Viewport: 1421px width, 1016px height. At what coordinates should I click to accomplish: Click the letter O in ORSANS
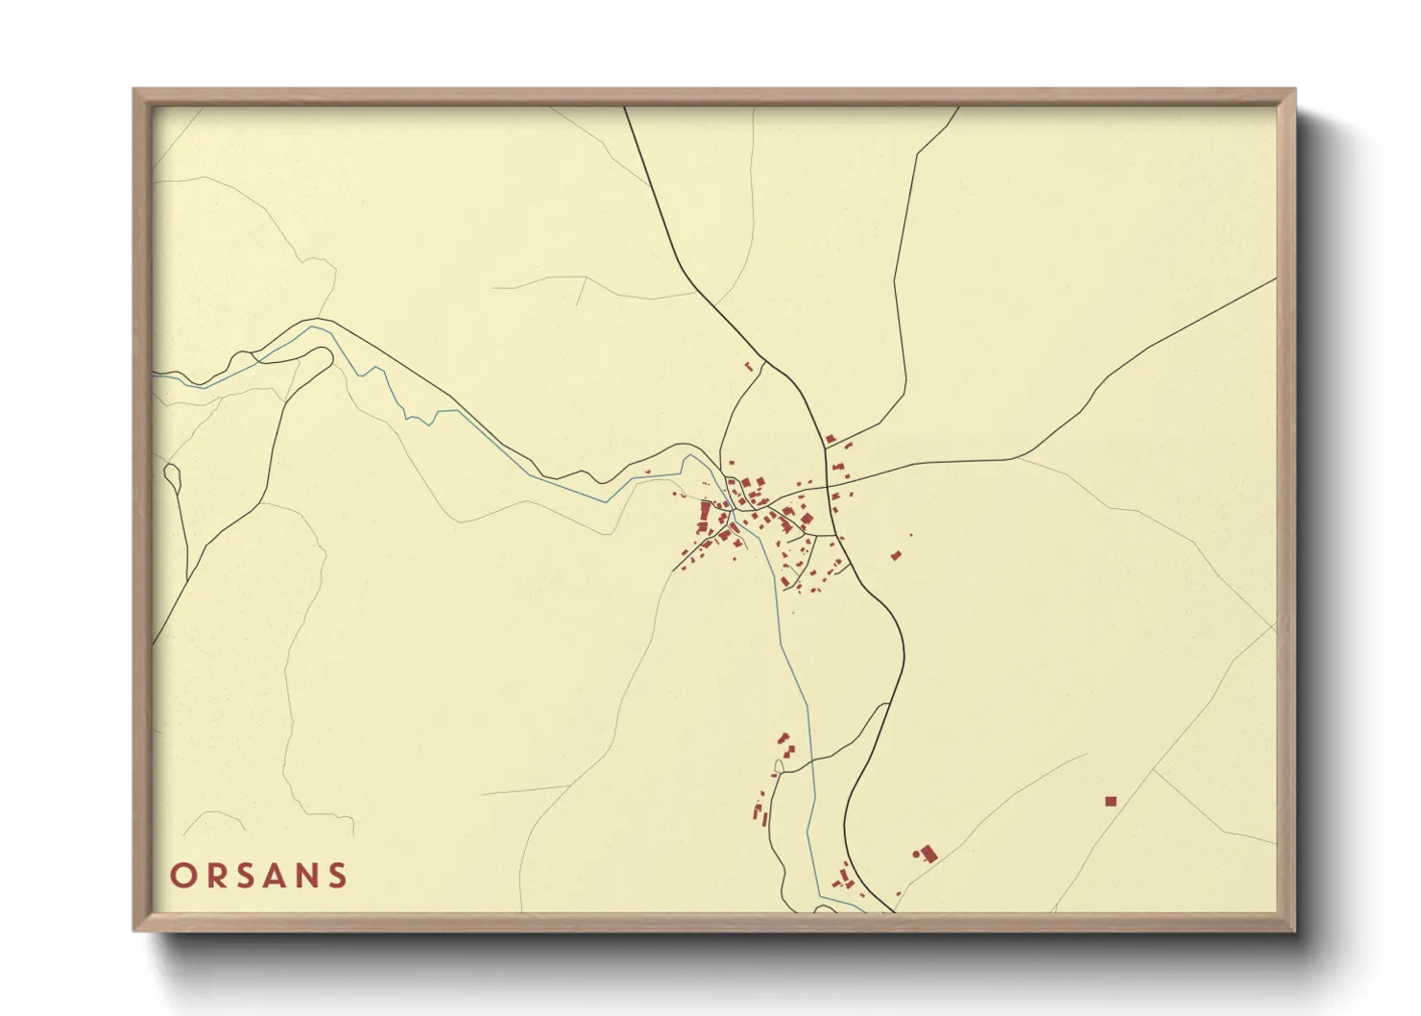(x=183, y=876)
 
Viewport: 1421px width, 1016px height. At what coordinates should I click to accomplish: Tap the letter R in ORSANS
(x=217, y=876)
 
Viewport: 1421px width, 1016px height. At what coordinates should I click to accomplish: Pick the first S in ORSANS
(x=248, y=876)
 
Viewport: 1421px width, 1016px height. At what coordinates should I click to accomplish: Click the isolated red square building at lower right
(x=1111, y=801)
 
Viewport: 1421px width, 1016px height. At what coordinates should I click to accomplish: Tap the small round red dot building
(x=916, y=852)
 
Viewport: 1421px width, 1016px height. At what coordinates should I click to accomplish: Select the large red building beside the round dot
(x=928, y=853)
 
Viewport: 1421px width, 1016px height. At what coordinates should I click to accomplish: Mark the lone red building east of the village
(x=896, y=555)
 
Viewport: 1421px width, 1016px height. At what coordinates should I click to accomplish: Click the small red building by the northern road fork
(x=749, y=366)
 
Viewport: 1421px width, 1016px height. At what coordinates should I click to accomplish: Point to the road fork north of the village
(x=764, y=362)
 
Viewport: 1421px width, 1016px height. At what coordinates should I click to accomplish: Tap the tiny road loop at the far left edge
(x=173, y=474)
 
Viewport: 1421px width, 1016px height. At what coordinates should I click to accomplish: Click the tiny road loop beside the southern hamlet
(x=778, y=765)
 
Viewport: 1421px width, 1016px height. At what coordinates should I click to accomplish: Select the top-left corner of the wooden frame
(x=134, y=90)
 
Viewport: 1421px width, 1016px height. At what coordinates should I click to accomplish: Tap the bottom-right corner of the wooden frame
(x=1294, y=930)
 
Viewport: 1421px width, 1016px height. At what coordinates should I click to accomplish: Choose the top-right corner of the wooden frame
(x=1294, y=90)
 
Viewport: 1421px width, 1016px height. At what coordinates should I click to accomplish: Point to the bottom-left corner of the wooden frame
(x=134, y=930)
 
